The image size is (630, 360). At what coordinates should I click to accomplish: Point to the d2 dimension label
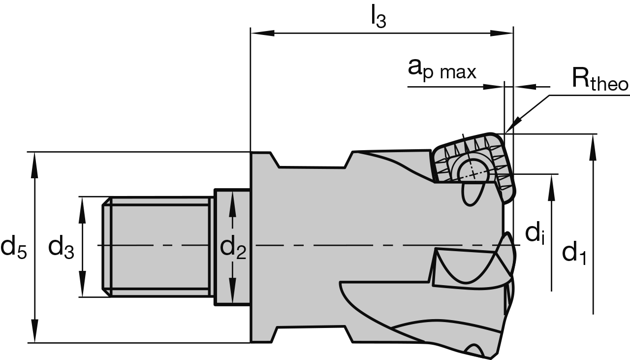point(233,247)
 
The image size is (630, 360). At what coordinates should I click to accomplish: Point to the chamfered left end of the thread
point(106,247)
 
